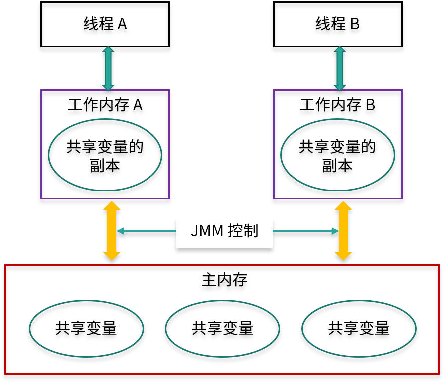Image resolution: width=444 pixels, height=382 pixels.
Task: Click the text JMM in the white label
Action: coord(207,231)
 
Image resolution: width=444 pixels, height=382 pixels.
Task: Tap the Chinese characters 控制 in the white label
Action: coord(243,231)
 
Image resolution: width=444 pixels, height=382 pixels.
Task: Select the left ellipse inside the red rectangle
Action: coord(86,328)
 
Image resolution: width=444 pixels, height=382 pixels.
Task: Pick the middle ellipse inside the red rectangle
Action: coord(222,328)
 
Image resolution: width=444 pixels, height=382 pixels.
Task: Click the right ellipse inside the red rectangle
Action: coord(359,328)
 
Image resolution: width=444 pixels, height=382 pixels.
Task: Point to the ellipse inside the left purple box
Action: coord(105,155)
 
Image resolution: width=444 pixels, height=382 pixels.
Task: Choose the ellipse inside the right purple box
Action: coord(337,155)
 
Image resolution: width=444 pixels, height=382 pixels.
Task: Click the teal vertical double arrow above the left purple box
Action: coord(108,68)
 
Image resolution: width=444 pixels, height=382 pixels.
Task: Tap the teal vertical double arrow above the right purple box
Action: coord(340,68)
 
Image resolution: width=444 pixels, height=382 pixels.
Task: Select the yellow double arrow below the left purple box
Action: coord(112,231)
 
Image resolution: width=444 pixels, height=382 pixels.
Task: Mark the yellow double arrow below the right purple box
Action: coord(343,231)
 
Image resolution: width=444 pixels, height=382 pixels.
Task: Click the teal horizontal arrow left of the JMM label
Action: coord(146,231)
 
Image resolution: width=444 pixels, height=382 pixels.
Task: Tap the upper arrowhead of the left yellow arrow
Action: coord(112,205)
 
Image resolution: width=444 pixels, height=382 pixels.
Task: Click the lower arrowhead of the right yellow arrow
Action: coord(343,256)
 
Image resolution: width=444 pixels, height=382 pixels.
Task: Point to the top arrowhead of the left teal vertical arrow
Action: coord(108,49)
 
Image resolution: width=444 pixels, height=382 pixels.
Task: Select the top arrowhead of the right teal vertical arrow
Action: coord(340,49)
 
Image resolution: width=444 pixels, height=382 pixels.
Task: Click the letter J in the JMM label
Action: coord(194,231)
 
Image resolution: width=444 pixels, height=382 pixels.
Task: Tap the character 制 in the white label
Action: coord(251,231)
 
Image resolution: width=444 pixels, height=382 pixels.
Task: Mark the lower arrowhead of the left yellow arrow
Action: coord(112,256)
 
